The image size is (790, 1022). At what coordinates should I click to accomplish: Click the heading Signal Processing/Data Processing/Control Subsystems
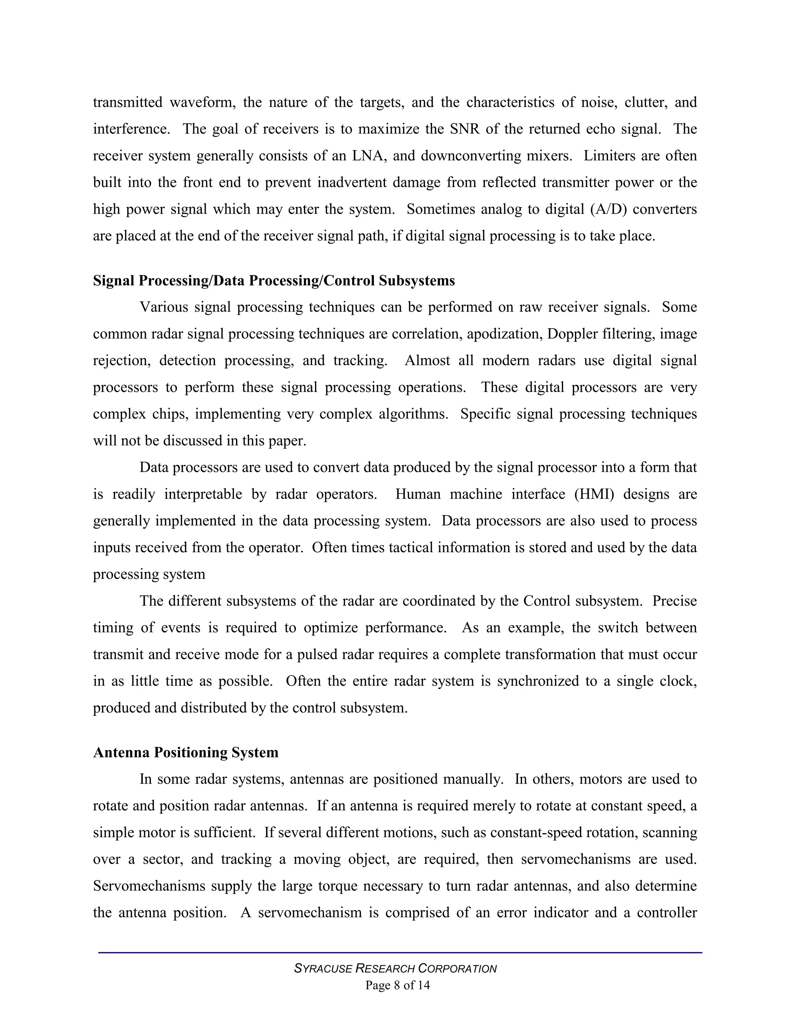tap(274, 281)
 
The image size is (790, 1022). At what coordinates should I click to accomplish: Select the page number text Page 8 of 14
tap(397, 985)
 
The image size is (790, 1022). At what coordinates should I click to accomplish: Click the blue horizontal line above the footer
tap(400, 952)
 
